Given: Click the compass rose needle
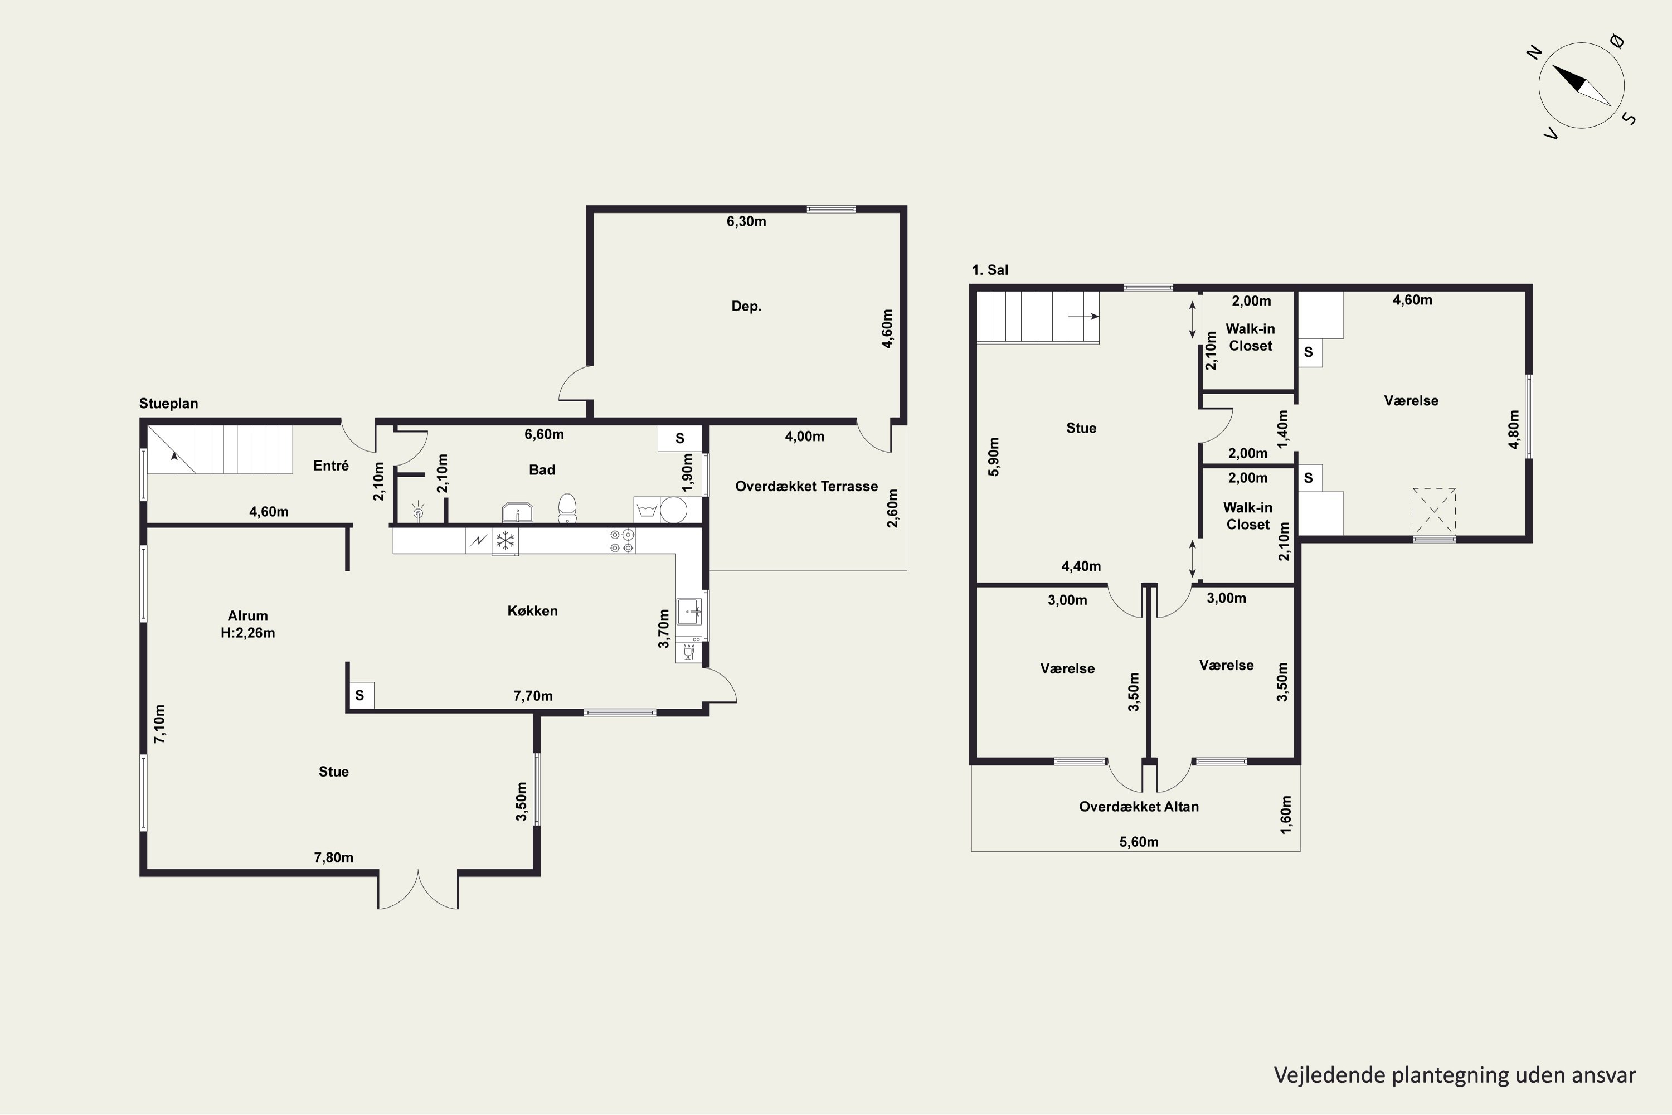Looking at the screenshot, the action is (1581, 85).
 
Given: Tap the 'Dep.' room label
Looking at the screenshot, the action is (746, 306).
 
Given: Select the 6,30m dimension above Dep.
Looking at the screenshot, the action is (746, 221).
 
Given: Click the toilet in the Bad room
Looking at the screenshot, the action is (567, 508).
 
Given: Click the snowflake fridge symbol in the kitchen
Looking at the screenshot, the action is (505, 540).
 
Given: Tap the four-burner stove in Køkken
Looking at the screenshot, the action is (622, 540).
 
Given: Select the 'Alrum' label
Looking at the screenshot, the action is (247, 616).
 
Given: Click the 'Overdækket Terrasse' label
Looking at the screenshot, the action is (806, 486).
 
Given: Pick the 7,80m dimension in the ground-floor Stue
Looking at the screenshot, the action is (333, 857).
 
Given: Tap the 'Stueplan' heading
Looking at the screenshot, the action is (168, 403).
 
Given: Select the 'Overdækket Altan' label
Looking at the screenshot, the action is (1139, 806).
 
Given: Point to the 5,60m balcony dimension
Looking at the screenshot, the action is (1139, 842).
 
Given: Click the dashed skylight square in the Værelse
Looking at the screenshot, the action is (1434, 511).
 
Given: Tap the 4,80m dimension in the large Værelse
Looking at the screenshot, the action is (1514, 429).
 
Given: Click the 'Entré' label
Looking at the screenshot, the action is (330, 466).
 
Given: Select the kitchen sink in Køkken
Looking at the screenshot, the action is (689, 612).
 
